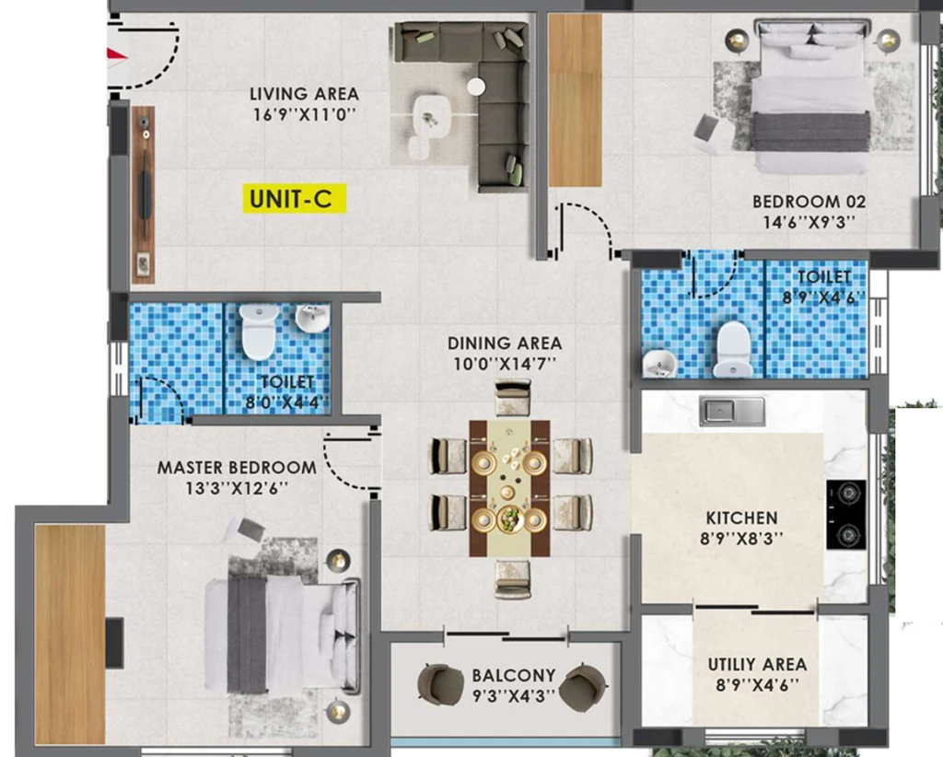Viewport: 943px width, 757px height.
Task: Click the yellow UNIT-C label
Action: (x=295, y=198)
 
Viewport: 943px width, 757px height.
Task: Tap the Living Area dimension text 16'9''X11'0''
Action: (x=304, y=113)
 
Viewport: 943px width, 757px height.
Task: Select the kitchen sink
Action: (x=732, y=412)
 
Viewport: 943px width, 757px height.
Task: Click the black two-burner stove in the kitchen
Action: (x=846, y=515)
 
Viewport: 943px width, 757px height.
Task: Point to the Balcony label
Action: (x=514, y=675)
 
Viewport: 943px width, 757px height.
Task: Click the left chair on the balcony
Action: (x=441, y=683)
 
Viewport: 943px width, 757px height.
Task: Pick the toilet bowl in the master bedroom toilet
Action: (x=259, y=331)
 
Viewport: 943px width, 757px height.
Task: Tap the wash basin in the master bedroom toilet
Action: (x=313, y=318)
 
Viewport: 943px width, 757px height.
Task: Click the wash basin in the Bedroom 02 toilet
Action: (x=659, y=363)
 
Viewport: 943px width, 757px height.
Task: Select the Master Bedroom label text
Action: (x=237, y=467)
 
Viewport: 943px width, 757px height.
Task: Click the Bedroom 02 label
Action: (x=809, y=202)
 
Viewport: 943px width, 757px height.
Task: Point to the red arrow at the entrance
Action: (x=118, y=56)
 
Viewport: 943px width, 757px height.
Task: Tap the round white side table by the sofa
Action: (x=476, y=87)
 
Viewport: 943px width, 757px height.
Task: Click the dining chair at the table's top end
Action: (x=512, y=397)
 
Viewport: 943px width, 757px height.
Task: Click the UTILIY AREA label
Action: (x=757, y=664)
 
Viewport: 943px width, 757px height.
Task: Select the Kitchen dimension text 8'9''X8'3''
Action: (x=741, y=538)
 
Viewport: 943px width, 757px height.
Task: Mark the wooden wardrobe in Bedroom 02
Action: (x=576, y=99)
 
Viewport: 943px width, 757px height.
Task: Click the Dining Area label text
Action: (x=505, y=344)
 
